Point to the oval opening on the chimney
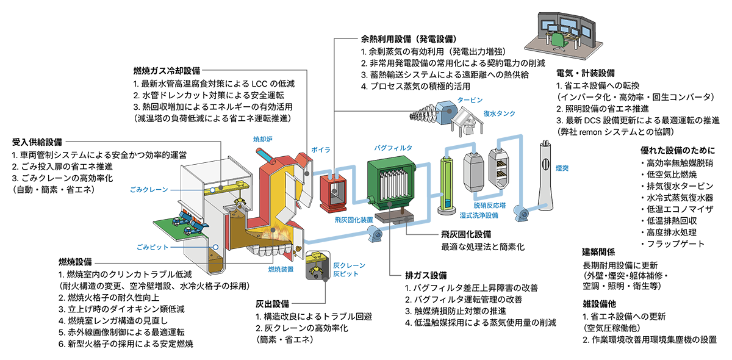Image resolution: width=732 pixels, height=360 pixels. (x=545, y=164)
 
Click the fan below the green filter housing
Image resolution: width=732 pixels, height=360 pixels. (x=373, y=233)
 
